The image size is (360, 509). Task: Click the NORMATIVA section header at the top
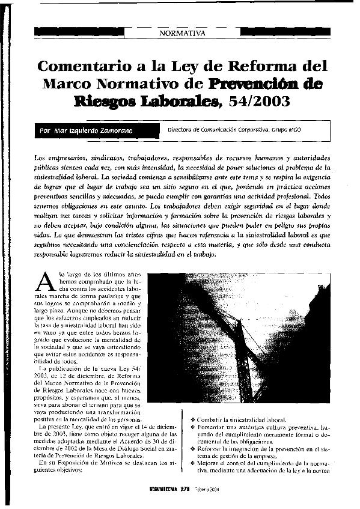182,32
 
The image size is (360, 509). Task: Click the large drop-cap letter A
43,281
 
